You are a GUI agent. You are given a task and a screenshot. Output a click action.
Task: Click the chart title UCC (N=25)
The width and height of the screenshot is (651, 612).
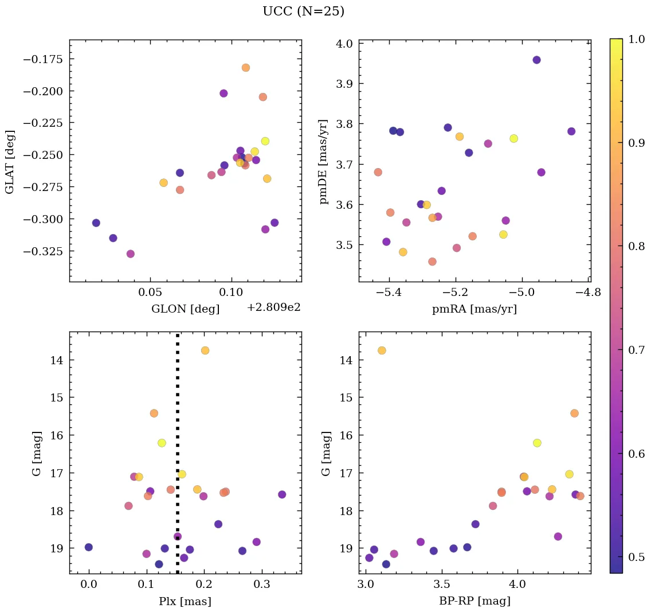click(x=303, y=11)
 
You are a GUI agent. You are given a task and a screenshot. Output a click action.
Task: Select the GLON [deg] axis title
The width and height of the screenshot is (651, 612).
click(x=185, y=309)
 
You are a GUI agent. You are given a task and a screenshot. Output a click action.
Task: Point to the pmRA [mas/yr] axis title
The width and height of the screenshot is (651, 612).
click(x=474, y=309)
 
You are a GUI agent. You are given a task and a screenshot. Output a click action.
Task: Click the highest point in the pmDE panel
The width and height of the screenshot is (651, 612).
click(x=536, y=60)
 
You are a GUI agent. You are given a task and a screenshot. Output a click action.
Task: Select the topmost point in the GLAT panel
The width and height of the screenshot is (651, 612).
click(x=246, y=68)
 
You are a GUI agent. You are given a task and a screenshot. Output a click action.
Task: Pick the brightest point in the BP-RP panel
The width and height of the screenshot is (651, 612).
click(x=382, y=350)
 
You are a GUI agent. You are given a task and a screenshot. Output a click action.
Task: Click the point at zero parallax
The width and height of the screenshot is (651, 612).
click(x=88, y=547)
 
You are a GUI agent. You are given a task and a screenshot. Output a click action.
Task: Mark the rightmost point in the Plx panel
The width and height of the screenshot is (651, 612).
click(x=282, y=494)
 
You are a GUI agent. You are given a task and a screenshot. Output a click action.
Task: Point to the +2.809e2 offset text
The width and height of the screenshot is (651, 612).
click(x=273, y=307)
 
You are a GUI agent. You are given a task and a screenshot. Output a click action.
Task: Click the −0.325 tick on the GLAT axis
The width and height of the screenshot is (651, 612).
click(x=45, y=251)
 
